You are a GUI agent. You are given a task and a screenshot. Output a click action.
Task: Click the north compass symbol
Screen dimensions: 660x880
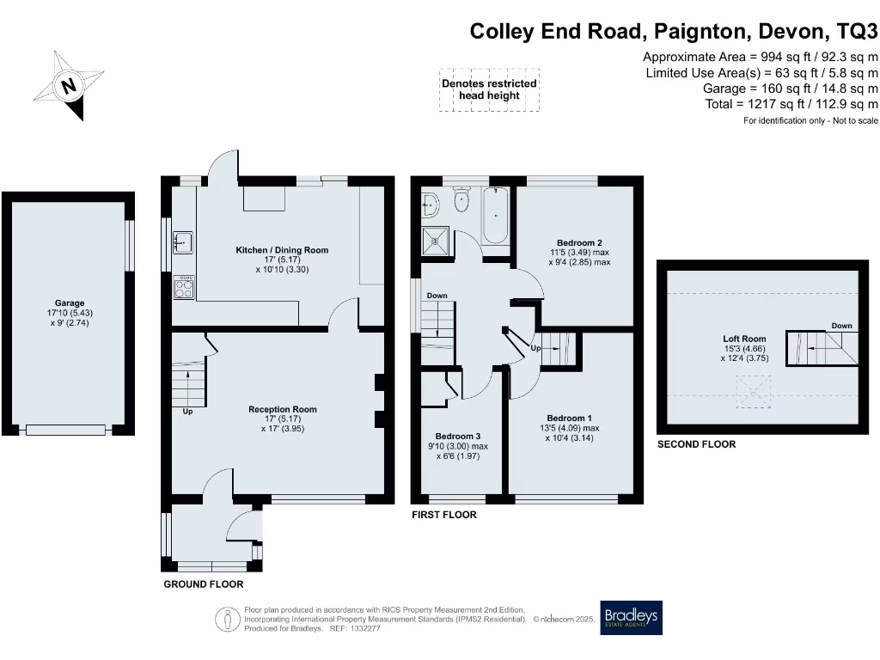[x=68, y=85]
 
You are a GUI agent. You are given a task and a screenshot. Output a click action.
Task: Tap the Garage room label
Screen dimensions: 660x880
[x=70, y=303]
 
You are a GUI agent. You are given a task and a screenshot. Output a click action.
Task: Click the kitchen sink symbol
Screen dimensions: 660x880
[x=182, y=242]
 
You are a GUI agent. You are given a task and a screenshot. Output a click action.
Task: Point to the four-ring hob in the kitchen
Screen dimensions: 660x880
[x=184, y=287]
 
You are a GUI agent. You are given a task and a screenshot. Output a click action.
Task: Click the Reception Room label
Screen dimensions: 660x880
[x=283, y=410]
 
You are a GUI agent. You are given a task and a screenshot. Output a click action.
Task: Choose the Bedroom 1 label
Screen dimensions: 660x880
[x=569, y=419]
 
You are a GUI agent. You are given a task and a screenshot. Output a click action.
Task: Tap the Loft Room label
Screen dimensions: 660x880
[x=744, y=339]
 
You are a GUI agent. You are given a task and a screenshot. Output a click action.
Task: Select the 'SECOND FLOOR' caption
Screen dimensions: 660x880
[x=696, y=444]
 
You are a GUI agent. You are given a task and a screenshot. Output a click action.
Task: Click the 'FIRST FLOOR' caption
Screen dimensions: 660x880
[x=444, y=515]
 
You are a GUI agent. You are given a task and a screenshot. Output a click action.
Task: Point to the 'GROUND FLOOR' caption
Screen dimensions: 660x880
[x=204, y=584]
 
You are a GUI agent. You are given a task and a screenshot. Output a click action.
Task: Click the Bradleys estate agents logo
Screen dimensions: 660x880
[x=631, y=617]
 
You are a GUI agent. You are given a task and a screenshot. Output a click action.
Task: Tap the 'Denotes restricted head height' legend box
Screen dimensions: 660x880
[x=489, y=90]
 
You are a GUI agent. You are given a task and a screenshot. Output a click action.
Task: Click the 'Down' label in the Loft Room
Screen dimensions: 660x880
[x=841, y=326]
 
